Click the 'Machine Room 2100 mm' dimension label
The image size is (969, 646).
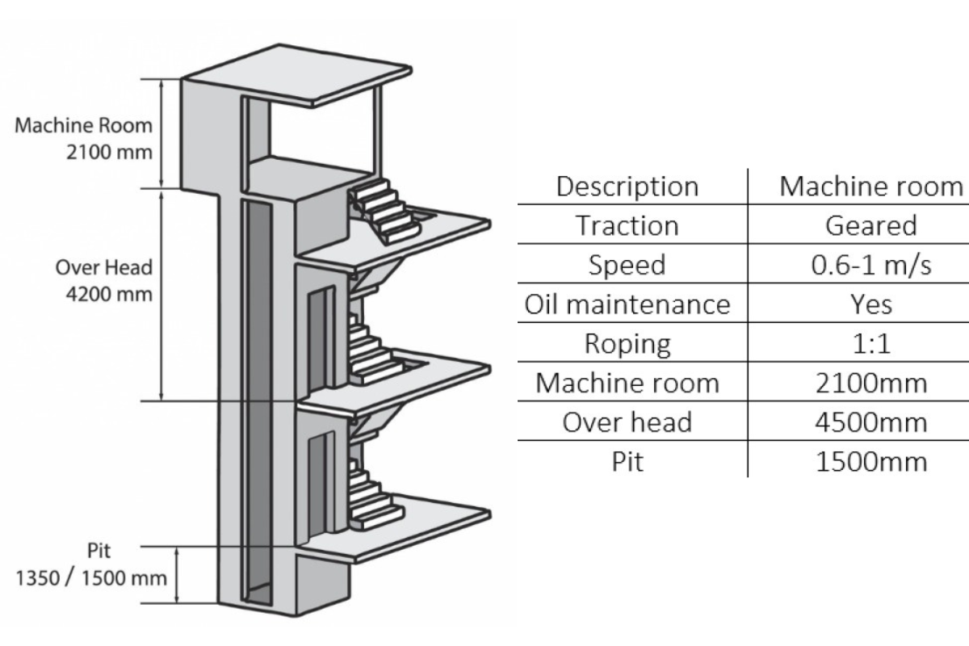tap(84, 138)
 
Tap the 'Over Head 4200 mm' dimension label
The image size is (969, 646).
tap(103, 279)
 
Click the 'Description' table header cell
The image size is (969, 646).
tap(627, 187)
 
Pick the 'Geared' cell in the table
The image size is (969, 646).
tap(870, 225)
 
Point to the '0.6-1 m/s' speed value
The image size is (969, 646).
tap(870, 265)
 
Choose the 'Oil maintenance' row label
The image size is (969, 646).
tap(627, 304)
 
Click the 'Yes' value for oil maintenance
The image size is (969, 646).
tap(870, 304)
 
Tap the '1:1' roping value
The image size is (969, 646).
tap(870, 343)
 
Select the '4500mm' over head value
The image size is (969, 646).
tap(870, 422)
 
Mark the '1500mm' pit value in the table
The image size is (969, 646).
tap(870, 461)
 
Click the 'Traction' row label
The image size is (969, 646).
tap(627, 225)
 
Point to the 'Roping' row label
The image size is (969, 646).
tap(627, 343)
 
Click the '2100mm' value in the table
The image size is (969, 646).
tap(870, 383)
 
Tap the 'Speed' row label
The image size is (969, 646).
tap(627, 265)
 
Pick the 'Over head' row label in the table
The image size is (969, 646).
tap(627, 422)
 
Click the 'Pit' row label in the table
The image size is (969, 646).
tap(627, 461)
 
